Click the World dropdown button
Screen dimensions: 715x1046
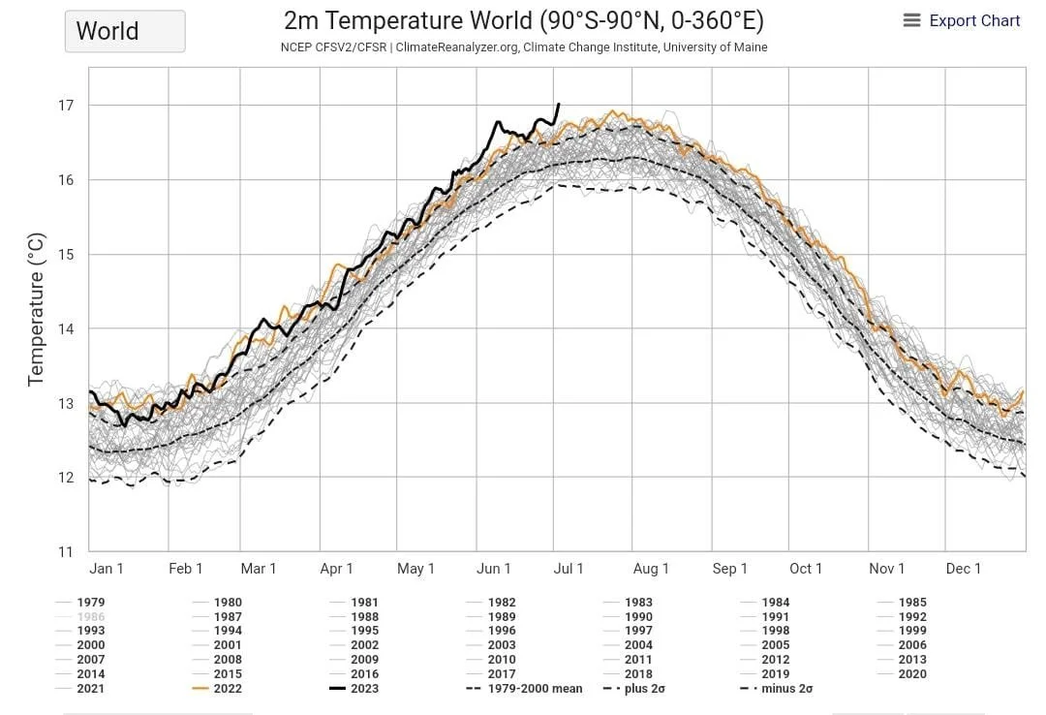[124, 31]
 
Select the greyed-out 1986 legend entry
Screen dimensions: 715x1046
[91, 616]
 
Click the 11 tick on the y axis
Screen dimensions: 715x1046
[66, 552]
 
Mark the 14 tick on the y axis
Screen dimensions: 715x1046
[66, 328]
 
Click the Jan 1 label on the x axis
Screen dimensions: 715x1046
[107, 569]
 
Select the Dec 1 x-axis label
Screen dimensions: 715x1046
[964, 569]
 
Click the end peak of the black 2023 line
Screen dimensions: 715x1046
[558, 104]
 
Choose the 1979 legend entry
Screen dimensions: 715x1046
[91, 603]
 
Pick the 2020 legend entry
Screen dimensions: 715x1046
[912, 674]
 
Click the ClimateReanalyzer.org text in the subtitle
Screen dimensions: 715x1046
[454, 47]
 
